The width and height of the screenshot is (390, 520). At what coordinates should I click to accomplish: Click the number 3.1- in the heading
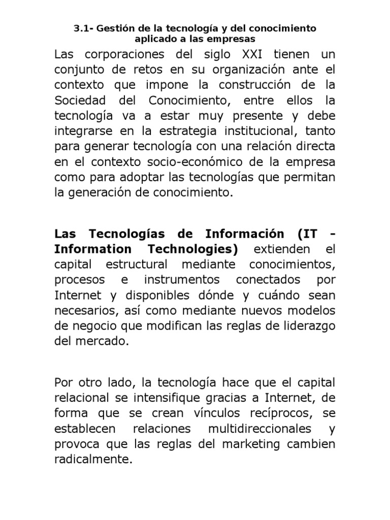coord(83,28)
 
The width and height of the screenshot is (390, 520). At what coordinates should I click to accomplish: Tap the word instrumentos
coord(182,280)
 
